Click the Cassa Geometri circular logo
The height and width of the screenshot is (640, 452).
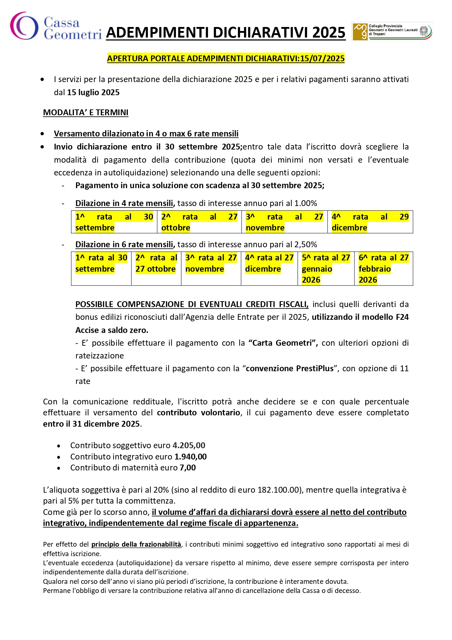coord(24,26)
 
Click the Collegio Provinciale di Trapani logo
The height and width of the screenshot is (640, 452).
coord(392,32)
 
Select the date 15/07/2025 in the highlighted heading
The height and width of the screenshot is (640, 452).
coord(322,58)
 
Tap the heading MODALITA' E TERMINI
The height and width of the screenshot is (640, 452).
coord(86,112)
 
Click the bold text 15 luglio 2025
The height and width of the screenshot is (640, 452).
coord(93,92)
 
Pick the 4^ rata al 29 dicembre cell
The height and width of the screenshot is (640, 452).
coord(370,222)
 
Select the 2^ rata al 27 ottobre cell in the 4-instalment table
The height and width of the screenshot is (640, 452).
coord(199,222)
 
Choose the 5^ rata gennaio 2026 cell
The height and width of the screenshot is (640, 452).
coord(326,268)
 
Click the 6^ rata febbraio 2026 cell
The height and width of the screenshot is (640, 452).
coord(383,268)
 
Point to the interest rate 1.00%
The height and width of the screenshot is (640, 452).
coord(306,203)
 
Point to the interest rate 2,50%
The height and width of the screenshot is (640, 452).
coord(306,244)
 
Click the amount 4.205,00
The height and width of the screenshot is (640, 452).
coord(189,445)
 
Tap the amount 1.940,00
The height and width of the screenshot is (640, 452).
coord(190,457)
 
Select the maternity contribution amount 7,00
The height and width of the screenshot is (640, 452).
coord(188,468)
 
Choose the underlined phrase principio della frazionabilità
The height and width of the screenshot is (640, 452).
coord(136,544)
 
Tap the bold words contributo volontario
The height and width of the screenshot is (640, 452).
coord(199,412)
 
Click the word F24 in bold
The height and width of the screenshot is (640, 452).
coord(402,317)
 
